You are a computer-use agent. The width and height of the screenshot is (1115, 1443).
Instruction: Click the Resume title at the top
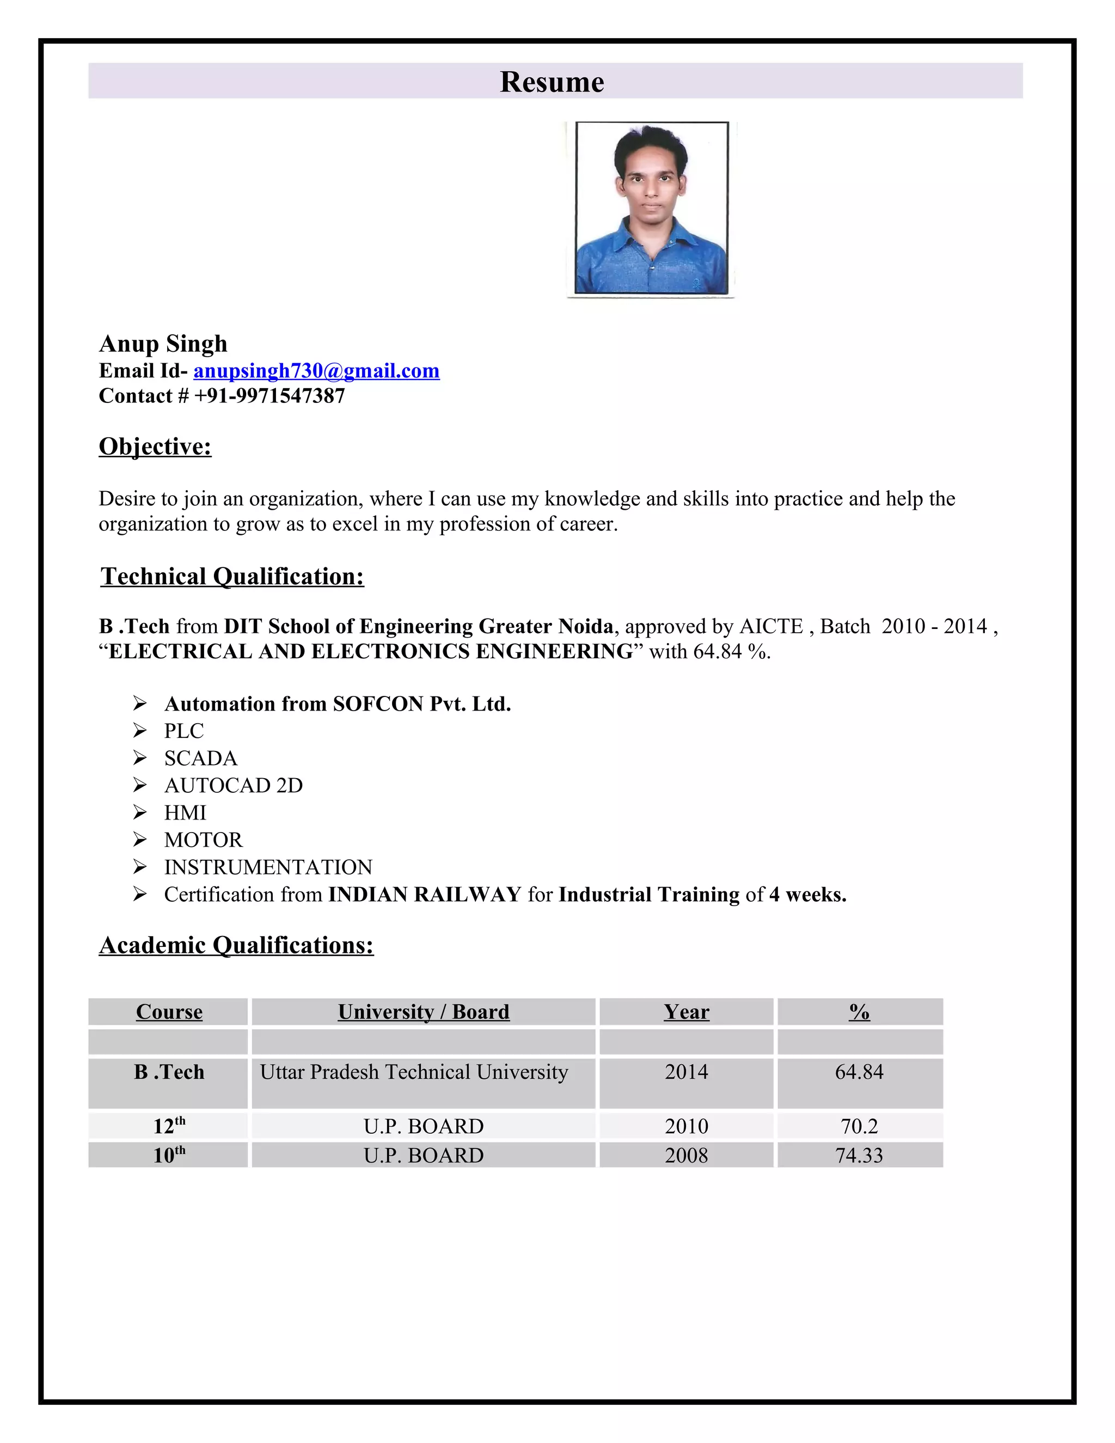pos(552,82)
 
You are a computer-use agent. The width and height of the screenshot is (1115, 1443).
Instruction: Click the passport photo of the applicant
pos(651,207)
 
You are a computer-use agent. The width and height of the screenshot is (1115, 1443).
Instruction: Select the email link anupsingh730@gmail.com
pos(316,371)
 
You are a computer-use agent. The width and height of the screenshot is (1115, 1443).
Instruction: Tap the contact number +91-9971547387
pos(269,396)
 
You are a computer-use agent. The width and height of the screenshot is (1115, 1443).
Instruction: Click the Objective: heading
pos(155,447)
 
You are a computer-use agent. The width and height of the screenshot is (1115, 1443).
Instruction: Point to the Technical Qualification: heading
pos(232,576)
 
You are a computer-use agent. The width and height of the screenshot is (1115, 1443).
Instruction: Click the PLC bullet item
pos(183,731)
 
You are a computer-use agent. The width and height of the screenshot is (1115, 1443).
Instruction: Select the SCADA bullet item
pos(201,758)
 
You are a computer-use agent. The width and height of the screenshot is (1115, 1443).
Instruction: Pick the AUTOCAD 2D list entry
pos(233,785)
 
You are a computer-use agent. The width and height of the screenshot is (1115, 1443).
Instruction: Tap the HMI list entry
pos(185,812)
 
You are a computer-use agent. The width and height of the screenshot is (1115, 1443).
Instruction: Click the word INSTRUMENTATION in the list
pos(268,867)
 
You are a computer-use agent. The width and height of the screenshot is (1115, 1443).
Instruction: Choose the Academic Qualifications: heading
pos(236,945)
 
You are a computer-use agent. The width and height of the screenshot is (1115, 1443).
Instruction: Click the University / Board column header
pos(424,1012)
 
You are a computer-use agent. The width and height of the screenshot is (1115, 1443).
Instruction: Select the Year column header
pos(687,1012)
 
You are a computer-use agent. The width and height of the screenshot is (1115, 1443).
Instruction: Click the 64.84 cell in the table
pos(859,1071)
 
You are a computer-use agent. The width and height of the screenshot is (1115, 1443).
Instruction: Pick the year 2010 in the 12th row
pos(687,1126)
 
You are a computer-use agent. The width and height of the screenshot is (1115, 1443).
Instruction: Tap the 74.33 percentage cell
pos(859,1155)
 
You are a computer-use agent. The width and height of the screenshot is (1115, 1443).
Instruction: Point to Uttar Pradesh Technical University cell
pos(414,1071)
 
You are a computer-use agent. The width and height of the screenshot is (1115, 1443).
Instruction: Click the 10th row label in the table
pos(169,1155)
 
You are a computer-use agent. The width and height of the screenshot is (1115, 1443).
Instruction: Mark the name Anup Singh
pos(163,344)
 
